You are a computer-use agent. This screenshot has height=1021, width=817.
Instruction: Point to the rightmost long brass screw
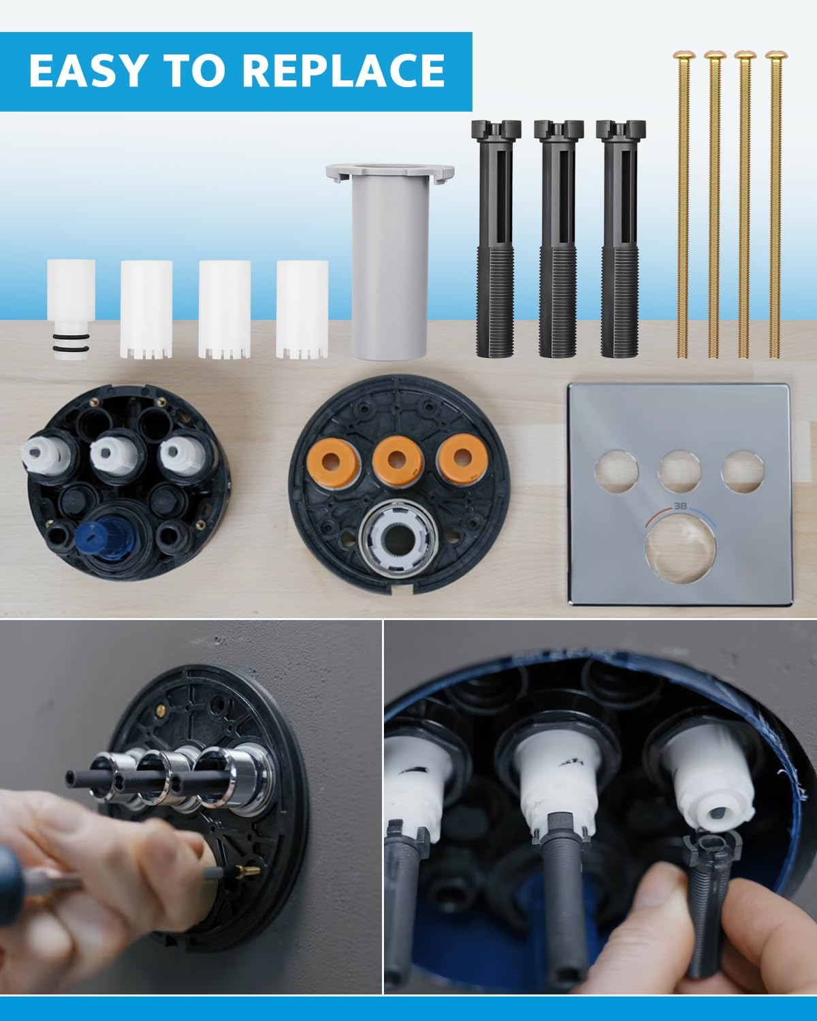(774, 204)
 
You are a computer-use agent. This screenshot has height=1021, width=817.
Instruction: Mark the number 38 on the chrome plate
(679, 506)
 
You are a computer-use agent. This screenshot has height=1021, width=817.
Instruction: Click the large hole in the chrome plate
(679, 547)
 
